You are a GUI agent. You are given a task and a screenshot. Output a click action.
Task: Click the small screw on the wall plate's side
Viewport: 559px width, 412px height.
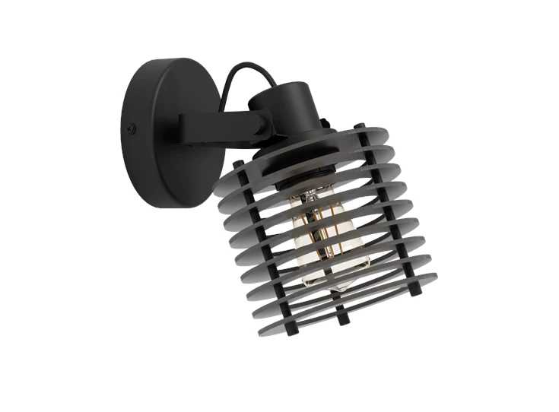pos(134,128)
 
